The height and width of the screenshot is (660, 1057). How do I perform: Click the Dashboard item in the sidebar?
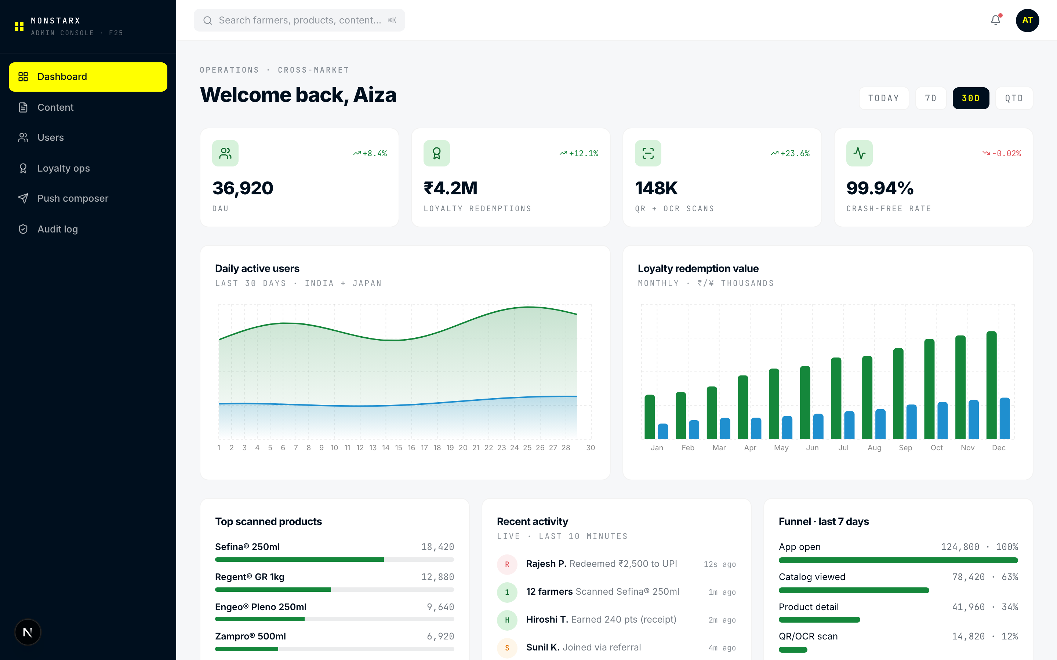pos(88,77)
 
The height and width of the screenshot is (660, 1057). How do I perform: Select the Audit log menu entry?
pos(57,229)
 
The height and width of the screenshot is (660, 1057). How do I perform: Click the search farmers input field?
pos(299,20)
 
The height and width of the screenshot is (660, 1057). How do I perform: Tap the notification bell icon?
pos(995,20)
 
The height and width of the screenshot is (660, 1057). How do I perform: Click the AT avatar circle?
pos(1027,20)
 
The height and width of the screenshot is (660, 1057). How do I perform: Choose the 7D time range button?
pos(930,98)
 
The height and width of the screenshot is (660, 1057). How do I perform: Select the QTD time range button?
pos(1014,98)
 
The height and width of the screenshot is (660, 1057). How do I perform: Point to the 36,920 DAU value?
pos(243,188)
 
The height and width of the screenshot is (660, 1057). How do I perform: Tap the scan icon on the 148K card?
pos(648,153)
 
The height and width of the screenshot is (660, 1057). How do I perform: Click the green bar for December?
pos(991,385)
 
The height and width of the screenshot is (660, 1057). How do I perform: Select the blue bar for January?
pos(662,431)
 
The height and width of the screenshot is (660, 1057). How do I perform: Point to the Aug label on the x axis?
pos(874,448)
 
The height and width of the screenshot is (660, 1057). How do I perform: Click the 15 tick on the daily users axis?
pos(398,448)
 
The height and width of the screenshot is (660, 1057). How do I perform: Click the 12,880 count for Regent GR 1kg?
pos(437,577)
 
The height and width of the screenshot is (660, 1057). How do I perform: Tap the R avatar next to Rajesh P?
pos(506,564)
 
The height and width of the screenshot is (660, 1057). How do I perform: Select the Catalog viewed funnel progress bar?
pos(853,590)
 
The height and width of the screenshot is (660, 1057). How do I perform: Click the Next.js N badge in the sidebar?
pos(28,632)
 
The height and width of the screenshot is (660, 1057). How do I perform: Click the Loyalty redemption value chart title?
pos(698,268)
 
